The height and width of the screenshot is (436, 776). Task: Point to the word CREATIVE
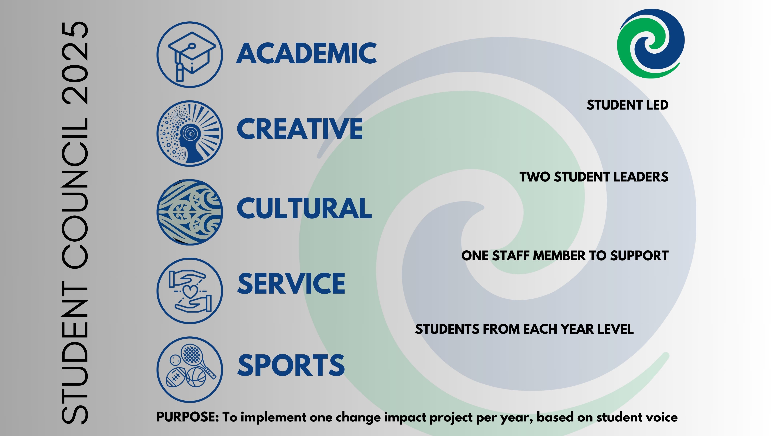(x=300, y=129)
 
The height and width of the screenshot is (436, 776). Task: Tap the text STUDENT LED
(x=627, y=105)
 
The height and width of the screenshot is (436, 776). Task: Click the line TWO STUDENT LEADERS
(x=594, y=177)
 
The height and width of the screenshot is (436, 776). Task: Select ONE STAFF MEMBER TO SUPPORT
(x=565, y=256)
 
